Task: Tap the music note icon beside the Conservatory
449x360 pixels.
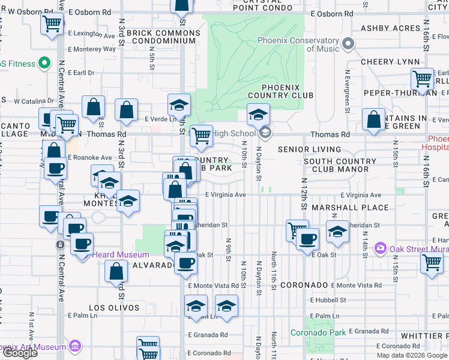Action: point(346,44)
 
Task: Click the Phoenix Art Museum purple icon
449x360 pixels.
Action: point(75,346)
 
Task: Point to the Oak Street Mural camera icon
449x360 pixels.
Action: point(380,248)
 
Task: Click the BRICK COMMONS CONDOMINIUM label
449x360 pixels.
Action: point(164,35)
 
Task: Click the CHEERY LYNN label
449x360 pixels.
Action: point(385,62)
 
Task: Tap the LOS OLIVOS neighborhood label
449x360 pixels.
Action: point(114,308)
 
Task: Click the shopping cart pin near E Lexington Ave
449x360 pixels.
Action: point(52,25)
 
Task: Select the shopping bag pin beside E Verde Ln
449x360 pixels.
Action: point(127,110)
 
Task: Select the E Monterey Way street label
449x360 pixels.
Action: point(92,49)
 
